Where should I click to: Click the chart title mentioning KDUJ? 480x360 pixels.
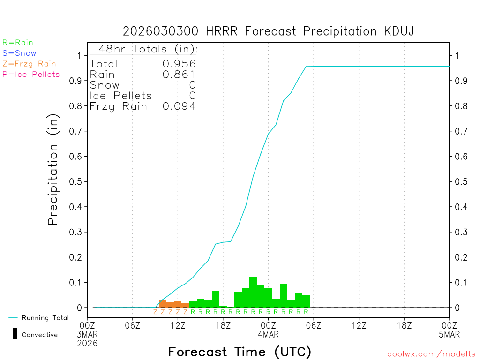268,31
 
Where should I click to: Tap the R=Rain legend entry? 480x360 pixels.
18,43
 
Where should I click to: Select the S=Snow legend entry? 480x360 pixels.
19,53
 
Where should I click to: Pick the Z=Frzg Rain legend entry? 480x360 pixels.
29,64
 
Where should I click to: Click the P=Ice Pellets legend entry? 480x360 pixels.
31,74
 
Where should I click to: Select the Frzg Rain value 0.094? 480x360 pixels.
179,106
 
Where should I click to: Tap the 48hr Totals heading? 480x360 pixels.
148,49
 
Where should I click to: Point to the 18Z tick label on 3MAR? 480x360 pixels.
223,324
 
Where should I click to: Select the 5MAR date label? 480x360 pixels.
449,334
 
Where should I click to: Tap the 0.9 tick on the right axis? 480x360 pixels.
460,81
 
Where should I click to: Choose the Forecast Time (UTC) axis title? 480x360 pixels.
240,352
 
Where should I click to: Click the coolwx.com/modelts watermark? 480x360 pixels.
431,354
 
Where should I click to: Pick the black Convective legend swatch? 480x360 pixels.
15,334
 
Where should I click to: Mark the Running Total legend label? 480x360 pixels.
45,318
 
